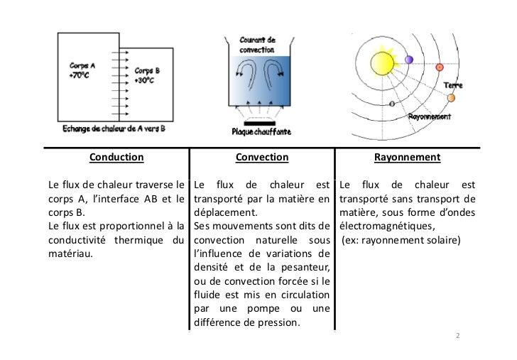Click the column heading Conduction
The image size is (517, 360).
pyautogui.click(x=116, y=157)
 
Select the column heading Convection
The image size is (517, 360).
pyautogui.click(x=261, y=157)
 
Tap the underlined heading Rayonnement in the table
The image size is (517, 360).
pyautogui.click(x=407, y=157)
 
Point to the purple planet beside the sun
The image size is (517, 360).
pyautogui.click(x=409, y=59)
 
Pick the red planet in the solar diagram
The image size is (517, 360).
pyautogui.click(x=440, y=67)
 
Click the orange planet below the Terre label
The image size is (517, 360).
pyautogui.click(x=451, y=97)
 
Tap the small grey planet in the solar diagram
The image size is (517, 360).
pyautogui.click(x=392, y=103)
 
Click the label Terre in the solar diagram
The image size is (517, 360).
pyautogui.click(x=453, y=85)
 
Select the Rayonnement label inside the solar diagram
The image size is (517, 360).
pyautogui.click(x=430, y=116)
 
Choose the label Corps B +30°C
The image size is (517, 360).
pyautogui.click(x=147, y=75)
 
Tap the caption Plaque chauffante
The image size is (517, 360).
pyautogui.click(x=261, y=131)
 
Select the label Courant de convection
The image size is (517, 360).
pyautogui.click(x=258, y=45)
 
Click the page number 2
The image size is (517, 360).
pyautogui.click(x=457, y=334)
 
